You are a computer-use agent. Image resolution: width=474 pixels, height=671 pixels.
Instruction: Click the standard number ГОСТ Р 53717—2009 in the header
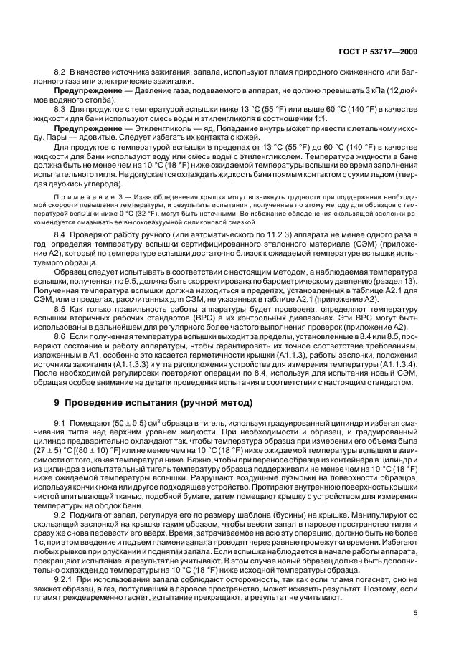(x=378, y=52)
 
